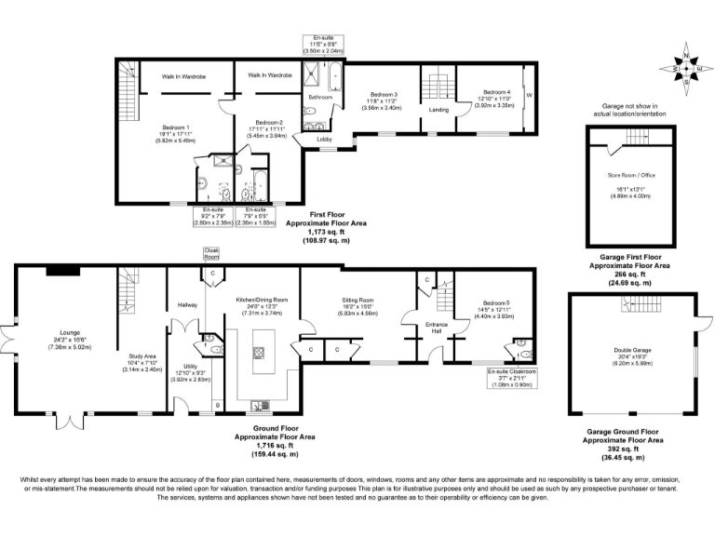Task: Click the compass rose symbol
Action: (x=686, y=67)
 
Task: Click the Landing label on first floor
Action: (x=438, y=110)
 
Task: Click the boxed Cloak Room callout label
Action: (x=211, y=253)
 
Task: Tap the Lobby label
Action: (x=325, y=139)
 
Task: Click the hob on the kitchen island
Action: (x=259, y=353)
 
